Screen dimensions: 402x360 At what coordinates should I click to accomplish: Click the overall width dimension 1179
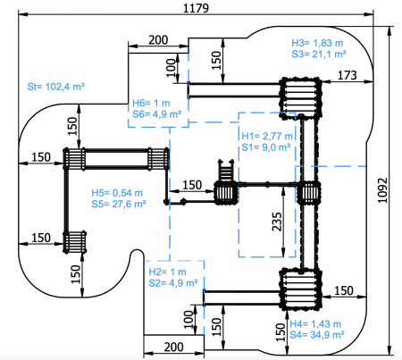(196, 8)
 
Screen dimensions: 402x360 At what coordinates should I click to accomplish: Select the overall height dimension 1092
(382, 190)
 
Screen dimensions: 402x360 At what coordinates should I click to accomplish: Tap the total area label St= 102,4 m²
(56, 87)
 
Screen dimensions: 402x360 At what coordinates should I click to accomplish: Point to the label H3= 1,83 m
(317, 43)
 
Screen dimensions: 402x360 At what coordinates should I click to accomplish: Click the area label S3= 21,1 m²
(319, 54)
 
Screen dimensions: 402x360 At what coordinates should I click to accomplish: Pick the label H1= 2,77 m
(267, 136)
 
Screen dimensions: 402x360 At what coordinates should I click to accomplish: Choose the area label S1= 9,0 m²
(266, 147)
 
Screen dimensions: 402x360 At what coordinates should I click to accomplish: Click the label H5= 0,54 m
(117, 193)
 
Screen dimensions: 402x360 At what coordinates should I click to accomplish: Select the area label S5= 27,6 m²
(119, 204)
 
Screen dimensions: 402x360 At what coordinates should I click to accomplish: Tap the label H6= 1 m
(151, 103)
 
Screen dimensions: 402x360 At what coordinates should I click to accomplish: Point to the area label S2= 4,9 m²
(173, 283)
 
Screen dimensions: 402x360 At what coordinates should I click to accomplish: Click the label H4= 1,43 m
(315, 323)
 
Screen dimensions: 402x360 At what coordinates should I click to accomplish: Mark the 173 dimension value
(347, 75)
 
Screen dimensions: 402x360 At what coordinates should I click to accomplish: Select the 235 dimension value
(277, 222)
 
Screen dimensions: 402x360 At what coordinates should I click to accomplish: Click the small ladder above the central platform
(226, 171)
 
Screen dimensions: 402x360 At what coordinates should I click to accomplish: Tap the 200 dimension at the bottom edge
(173, 347)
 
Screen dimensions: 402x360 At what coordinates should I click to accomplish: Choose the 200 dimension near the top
(158, 40)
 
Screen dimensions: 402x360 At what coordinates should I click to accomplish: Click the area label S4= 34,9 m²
(317, 335)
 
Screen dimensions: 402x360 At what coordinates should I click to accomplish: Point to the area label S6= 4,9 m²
(157, 114)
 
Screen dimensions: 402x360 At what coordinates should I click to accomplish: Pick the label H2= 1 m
(167, 272)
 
